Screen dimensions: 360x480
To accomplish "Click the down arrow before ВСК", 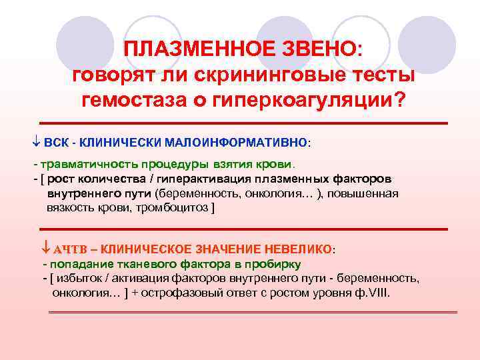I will click(36, 143).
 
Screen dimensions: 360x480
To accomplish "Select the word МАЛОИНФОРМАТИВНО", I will click(251, 143).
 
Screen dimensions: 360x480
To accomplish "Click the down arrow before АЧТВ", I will click(45, 249).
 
